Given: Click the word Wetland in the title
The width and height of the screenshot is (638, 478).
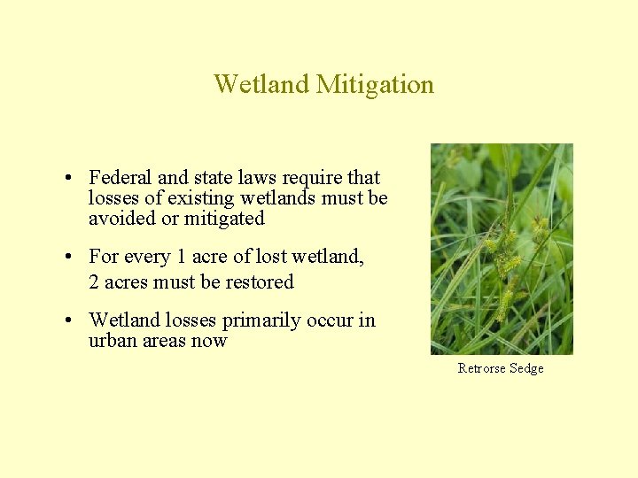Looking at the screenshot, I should pyautogui.click(x=261, y=85).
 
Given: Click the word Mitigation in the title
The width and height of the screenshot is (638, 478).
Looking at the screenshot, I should pyautogui.click(x=375, y=85).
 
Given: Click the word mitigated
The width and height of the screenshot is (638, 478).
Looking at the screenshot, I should pyautogui.click(x=224, y=218).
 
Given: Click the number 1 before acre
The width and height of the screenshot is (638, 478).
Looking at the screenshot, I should pyautogui.click(x=181, y=257).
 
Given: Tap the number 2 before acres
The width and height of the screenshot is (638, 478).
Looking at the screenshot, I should pyautogui.click(x=93, y=282).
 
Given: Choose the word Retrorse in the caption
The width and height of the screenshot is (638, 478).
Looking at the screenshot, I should pyautogui.click(x=480, y=368).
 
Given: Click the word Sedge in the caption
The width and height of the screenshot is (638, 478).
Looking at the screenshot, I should pyautogui.click(x=526, y=368).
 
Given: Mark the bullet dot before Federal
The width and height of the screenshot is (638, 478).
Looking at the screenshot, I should pyautogui.click(x=68, y=179).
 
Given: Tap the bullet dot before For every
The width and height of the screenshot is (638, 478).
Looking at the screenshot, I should pyautogui.click(x=68, y=258).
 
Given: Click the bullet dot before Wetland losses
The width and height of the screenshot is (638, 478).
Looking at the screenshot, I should pyautogui.click(x=68, y=321).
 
